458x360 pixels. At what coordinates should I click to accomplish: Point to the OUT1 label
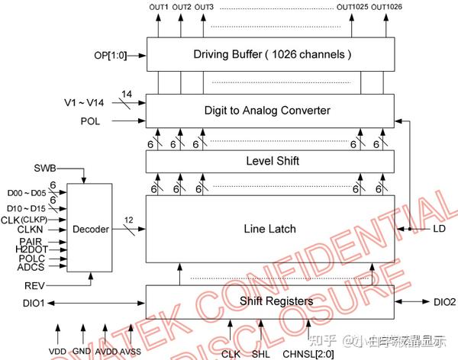[x=159, y=8]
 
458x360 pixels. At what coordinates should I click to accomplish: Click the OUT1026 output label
[x=388, y=8]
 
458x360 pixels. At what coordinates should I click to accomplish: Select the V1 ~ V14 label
[x=85, y=101]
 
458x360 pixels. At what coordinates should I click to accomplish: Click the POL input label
[x=89, y=121]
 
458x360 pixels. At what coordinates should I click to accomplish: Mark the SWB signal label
[x=44, y=167]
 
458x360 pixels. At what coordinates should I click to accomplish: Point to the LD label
[x=438, y=229]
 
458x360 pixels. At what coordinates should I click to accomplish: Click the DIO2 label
[x=443, y=302]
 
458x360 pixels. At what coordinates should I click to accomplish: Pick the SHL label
[x=262, y=352]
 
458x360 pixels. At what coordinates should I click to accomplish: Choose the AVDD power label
[x=106, y=351]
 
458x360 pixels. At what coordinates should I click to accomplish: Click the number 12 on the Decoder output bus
[x=129, y=220]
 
